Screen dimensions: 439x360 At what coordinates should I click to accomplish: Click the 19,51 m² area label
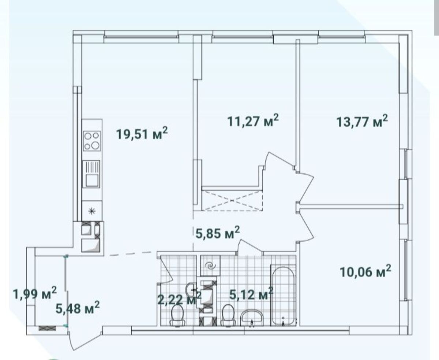[x=142, y=133]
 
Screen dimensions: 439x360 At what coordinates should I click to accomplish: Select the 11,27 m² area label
[x=253, y=120]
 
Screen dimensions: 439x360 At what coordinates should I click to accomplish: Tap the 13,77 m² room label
[x=362, y=121]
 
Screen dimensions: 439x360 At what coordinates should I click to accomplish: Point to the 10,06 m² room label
[x=365, y=271]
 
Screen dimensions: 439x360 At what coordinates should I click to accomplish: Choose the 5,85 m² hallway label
[x=218, y=233]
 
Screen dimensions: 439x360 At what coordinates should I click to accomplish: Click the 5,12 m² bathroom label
[x=251, y=294]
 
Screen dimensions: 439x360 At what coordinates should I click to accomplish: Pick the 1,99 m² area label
[x=35, y=293]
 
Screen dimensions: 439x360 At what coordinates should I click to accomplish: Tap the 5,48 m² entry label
[x=78, y=308]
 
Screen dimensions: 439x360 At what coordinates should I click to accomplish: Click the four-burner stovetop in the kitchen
[x=92, y=141]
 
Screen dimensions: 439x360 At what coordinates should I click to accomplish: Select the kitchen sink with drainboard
[x=91, y=174]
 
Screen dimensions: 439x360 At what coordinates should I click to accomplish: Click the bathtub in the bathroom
[x=283, y=296]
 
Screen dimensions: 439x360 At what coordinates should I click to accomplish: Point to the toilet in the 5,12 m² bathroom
[x=228, y=316]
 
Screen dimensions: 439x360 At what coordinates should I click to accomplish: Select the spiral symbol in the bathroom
[x=210, y=266]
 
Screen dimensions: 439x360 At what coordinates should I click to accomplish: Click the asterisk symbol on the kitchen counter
[x=91, y=211]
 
